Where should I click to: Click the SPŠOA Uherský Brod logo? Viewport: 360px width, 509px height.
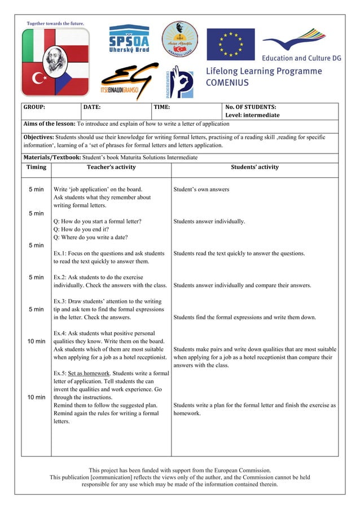[129, 39]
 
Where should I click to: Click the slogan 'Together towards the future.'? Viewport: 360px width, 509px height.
[55, 23]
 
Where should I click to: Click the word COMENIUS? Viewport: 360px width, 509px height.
[227, 82]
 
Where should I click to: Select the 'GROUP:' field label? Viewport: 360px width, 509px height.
[34, 107]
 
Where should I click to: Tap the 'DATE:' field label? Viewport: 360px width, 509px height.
[92, 107]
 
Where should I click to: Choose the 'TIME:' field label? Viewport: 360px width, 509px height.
[162, 107]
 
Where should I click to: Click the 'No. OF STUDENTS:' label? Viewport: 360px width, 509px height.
[251, 107]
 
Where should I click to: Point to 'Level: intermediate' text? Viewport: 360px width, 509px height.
[252, 115]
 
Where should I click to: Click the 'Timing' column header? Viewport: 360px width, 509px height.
[36, 167]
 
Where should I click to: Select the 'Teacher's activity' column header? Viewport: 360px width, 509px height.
[111, 167]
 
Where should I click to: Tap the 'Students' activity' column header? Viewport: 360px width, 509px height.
[254, 167]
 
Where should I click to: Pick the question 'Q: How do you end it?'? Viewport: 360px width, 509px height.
[81, 230]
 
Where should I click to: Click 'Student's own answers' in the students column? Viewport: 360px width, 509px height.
[201, 190]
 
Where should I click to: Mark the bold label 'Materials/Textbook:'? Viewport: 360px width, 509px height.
[48, 157]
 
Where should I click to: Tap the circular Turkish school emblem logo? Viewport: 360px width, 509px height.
[180, 39]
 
